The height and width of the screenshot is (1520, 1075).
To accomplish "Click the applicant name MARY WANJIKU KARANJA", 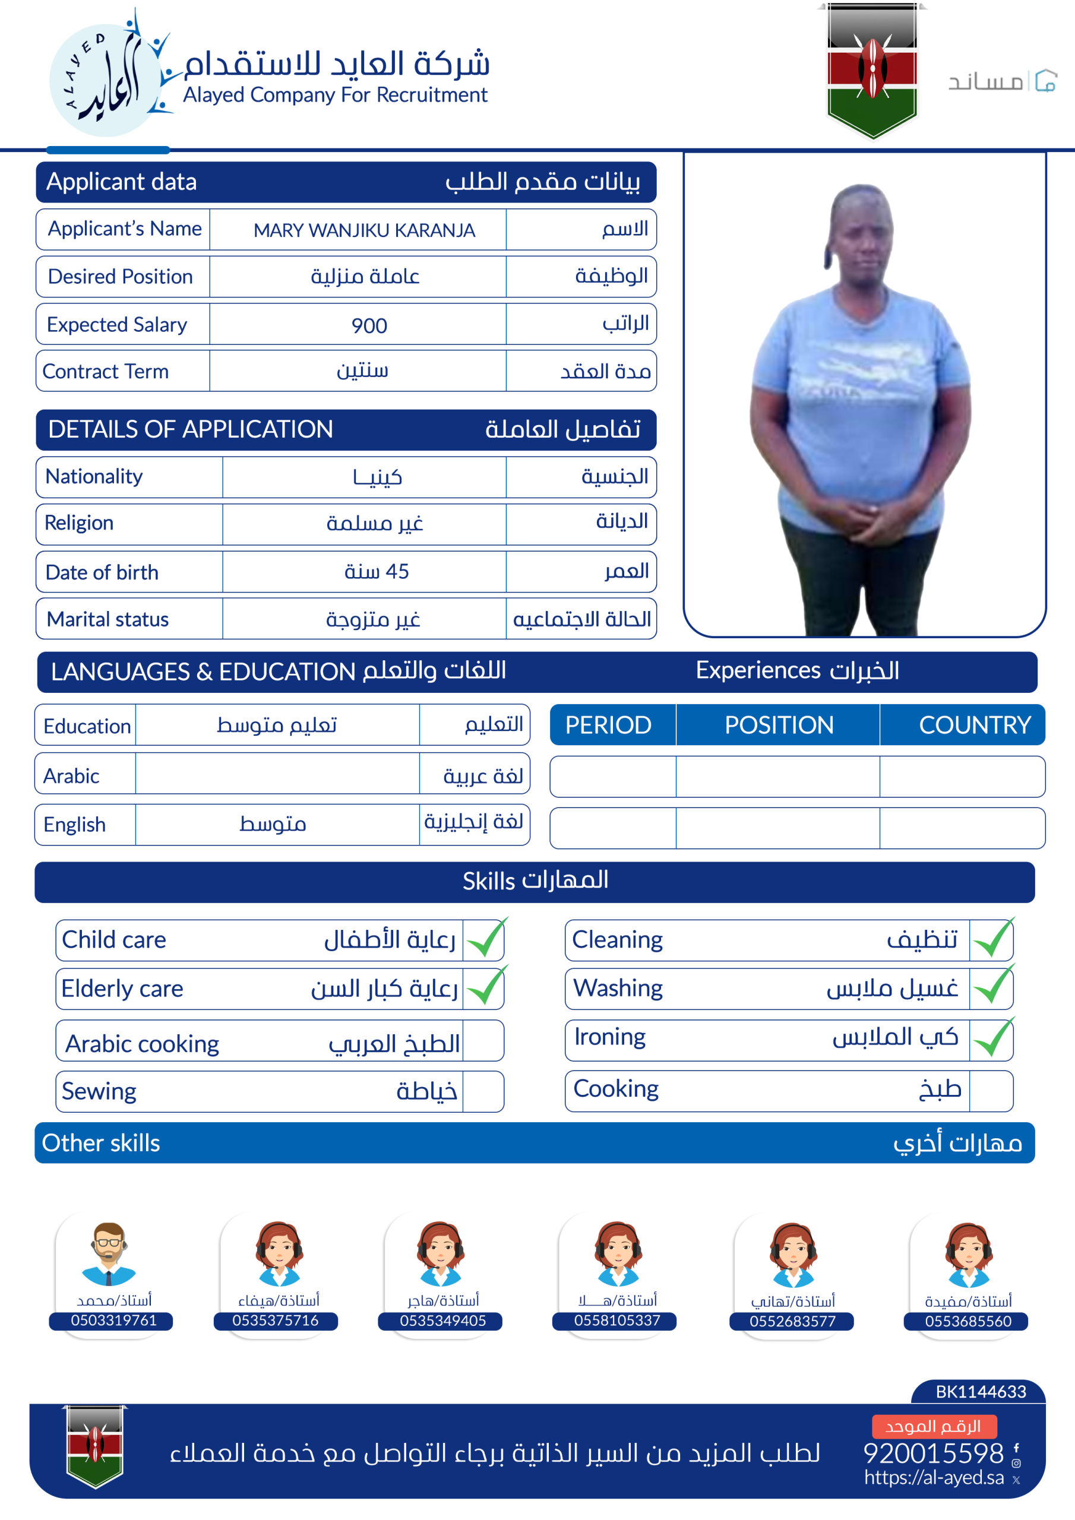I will pyautogui.click(x=363, y=230).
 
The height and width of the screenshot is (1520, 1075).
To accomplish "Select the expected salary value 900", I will pyautogui.click(x=369, y=325).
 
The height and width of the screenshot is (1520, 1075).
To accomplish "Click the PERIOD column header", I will pyautogui.click(x=608, y=725).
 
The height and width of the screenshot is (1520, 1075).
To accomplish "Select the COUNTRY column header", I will pyautogui.click(x=974, y=725).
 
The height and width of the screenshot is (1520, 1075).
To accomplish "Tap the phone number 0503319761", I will pyautogui.click(x=113, y=1320).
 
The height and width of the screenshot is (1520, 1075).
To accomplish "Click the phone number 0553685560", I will pyautogui.click(x=967, y=1322).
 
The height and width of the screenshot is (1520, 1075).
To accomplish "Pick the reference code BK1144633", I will pyautogui.click(x=981, y=1392).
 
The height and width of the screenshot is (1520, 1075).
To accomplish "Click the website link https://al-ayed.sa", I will pyautogui.click(x=933, y=1478).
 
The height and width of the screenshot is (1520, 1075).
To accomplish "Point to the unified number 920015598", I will pyautogui.click(x=933, y=1453).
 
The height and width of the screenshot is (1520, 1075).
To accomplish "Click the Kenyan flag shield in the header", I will pyautogui.click(x=872, y=69).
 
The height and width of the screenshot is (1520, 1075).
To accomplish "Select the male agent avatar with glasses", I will pyautogui.click(x=109, y=1254).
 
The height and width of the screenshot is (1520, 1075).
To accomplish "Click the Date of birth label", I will pyautogui.click(x=102, y=572).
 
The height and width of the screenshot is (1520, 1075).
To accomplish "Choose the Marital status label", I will pyautogui.click(x=107, y=619).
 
